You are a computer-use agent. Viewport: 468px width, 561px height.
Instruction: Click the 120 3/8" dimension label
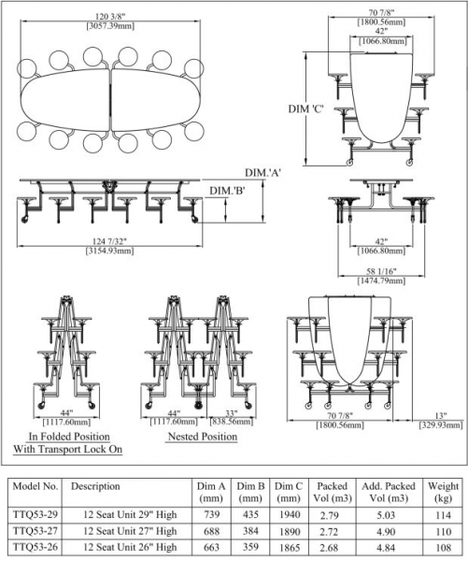110,17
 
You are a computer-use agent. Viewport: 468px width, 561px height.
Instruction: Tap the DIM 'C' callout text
306,108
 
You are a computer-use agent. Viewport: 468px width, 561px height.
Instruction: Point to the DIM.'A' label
262,173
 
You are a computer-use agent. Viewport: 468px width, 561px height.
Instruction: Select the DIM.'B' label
227,191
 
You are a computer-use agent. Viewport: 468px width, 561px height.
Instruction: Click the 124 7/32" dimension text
109,241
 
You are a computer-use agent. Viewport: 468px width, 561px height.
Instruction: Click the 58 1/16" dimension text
381,271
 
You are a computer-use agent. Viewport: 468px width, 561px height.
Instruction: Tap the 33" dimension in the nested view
232,413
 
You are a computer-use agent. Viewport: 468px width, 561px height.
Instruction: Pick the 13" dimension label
441,416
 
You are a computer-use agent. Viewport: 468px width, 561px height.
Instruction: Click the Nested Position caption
203,437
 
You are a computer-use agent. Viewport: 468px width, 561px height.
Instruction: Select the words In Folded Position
69,437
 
